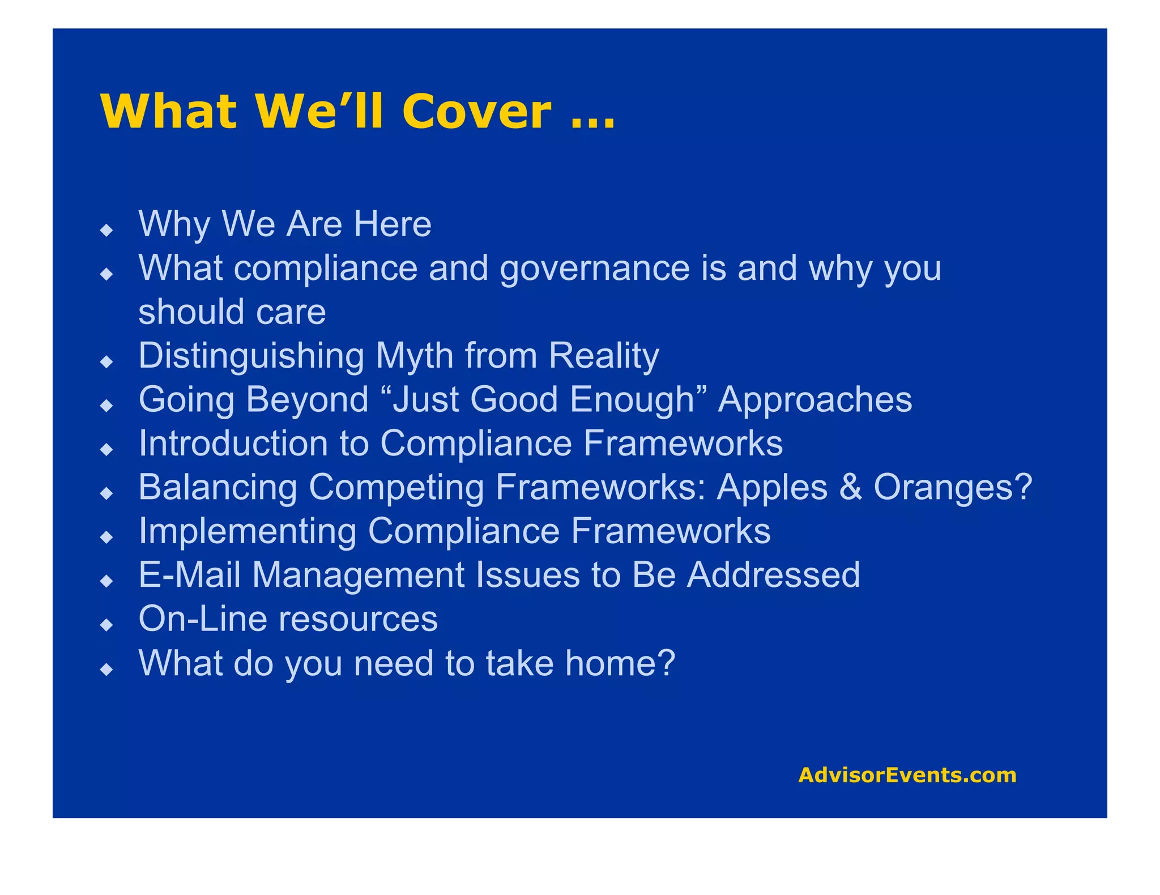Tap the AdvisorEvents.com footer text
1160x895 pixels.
[x=907, y=775]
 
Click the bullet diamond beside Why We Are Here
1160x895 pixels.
[x=106, y=229]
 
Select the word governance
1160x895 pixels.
[x=595, y=268]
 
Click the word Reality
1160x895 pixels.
[x=603, y=356]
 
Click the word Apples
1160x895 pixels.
[x=771, y=487]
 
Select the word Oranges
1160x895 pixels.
[x=953, y=487]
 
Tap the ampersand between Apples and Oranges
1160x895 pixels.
[x=850, y=487]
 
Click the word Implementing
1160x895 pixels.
[x=248, y=531]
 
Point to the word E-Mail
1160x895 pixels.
[x=190, y=575]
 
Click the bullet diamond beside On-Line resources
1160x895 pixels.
[x=106, y=625]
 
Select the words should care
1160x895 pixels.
[x=232, y=312]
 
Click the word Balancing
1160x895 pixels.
[x=217, y=487]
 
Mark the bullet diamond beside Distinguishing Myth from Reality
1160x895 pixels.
[x=106, y=361]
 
